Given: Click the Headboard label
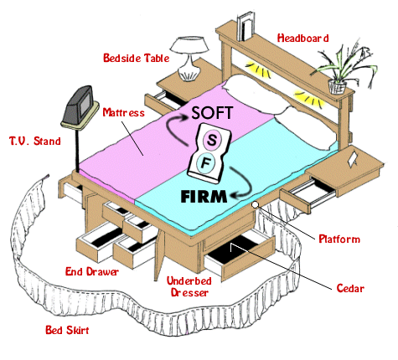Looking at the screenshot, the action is (x=302, y=39).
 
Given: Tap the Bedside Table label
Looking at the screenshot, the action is (x=137, y=58).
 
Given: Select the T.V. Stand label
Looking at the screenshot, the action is (x=35, y=141).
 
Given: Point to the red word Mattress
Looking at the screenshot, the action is (x=124, y=112).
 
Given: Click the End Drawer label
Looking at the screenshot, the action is (x=92, y=271).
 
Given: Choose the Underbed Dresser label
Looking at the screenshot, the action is (x=189, y=286).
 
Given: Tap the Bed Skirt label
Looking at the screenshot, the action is (x=67, y=330).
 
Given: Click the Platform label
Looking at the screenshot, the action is (x=339, y=239).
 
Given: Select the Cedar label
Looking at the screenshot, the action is (x=350, y=288).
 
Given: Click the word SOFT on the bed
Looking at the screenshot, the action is (x=212, y=113).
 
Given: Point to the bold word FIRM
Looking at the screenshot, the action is (x=204, y=197).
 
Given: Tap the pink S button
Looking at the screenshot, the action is (x=211, y=140).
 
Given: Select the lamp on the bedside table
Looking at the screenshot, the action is (x=189, y=59).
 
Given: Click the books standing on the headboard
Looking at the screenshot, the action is (x=245, y=27).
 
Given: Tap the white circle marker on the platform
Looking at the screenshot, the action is (x=255, y=205).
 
